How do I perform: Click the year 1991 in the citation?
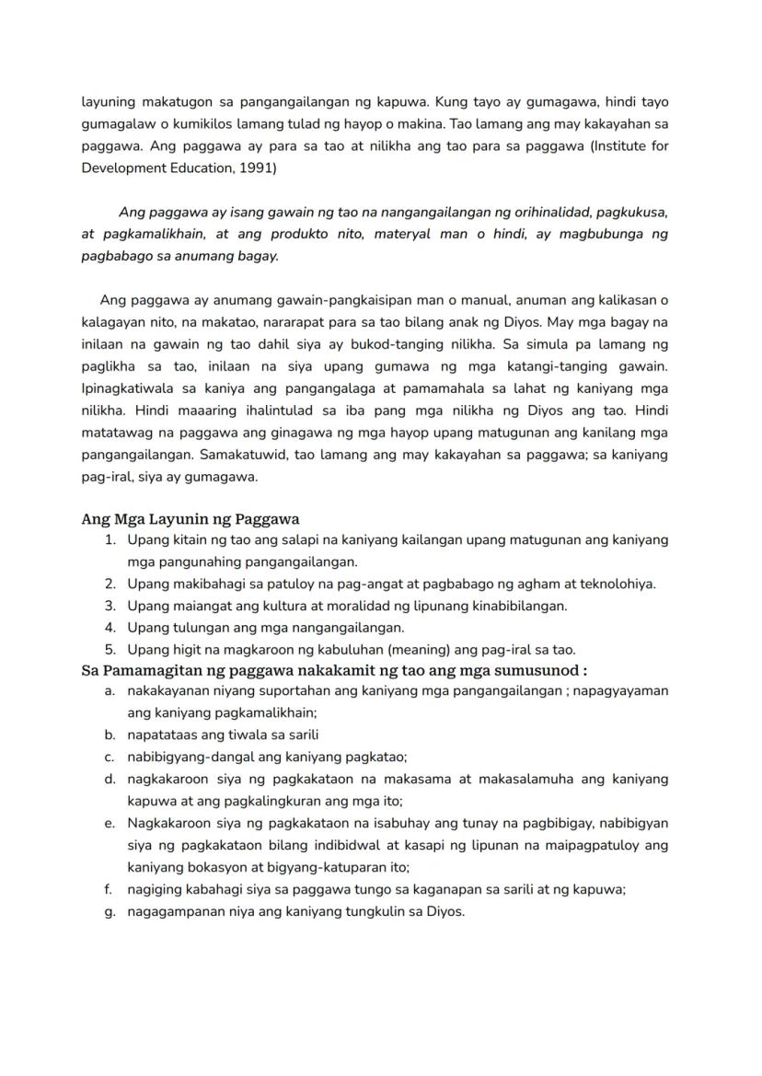260,168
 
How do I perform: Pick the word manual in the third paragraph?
476,300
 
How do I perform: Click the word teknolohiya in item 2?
613,584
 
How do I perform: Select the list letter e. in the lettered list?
110,823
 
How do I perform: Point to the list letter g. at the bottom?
110,911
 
